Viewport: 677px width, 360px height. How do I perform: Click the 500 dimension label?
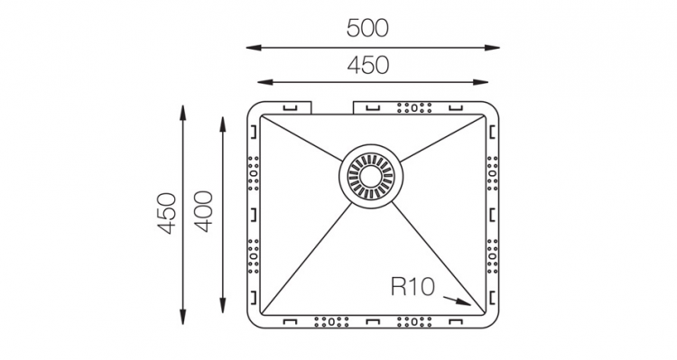pyautogui.click(x=367, y=29)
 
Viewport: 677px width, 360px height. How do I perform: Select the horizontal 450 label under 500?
pyautogui.click(x=368, y=65)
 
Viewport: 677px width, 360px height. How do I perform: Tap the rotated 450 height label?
pyautogui.click(x=167, y=213)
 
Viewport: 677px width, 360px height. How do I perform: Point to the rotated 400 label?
pyautogui.click(x=203, y=211)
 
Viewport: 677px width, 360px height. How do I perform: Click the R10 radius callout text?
pyautogui.click(x=413, y=286)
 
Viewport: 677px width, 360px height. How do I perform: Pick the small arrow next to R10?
pyautogui.click(x=458, y=300)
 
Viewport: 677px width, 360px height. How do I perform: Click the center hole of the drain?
pyautogui.click(x=370, y=176)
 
